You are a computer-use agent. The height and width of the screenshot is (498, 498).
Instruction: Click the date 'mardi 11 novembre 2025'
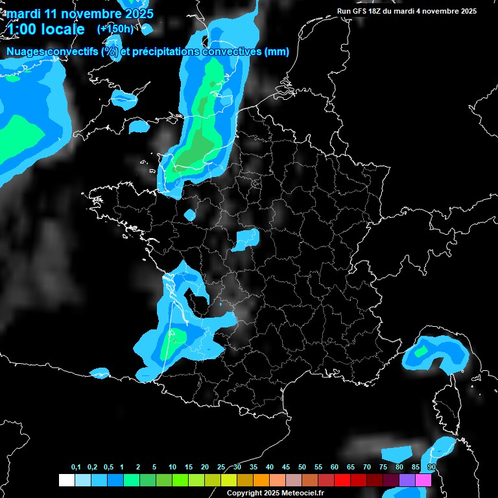pyautogui.click(x=80, y=13)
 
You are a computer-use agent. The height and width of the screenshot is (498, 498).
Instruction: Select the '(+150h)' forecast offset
pyautogui.click(x=116, y=29)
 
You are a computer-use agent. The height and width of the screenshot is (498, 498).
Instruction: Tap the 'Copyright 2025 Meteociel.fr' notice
pyautogui.click(x=275, y=493)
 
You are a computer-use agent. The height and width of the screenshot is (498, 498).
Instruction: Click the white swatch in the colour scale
pyautogui.click(x=66, y=480)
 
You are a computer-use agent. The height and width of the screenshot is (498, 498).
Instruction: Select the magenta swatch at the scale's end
pyautogui.click(x=423, y=480)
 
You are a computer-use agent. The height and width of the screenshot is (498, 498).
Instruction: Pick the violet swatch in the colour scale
pyautogui.click(x=407, y=480)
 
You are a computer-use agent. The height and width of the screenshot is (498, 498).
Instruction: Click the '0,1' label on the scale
pyautogui.click(x=76, y=468)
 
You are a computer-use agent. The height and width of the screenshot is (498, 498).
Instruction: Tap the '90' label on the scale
pyautogui.click(x=432, y=468)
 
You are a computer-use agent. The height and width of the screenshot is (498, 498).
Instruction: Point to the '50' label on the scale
pyautogui.click(x=302, y=468)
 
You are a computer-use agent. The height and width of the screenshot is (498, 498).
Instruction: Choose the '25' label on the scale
pyautogui.click(x=221, y=468)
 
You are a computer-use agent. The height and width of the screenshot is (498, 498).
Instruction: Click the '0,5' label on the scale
pyautogui.click(x=108, y=468)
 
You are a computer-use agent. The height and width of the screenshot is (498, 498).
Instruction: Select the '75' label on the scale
pyautogui.click(x=383, y=468)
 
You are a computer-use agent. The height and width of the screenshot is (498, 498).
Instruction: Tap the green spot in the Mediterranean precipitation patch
pyautogui.click(x=422, y=351)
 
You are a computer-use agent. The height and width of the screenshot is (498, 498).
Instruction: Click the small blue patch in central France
pyautogui.click(x=246, y=239)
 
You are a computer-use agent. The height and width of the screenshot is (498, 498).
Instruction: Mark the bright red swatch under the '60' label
pyautogui.click(x=342, y=480)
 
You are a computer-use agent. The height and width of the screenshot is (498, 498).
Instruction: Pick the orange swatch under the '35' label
pyautogui.click(x=261, y=480)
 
